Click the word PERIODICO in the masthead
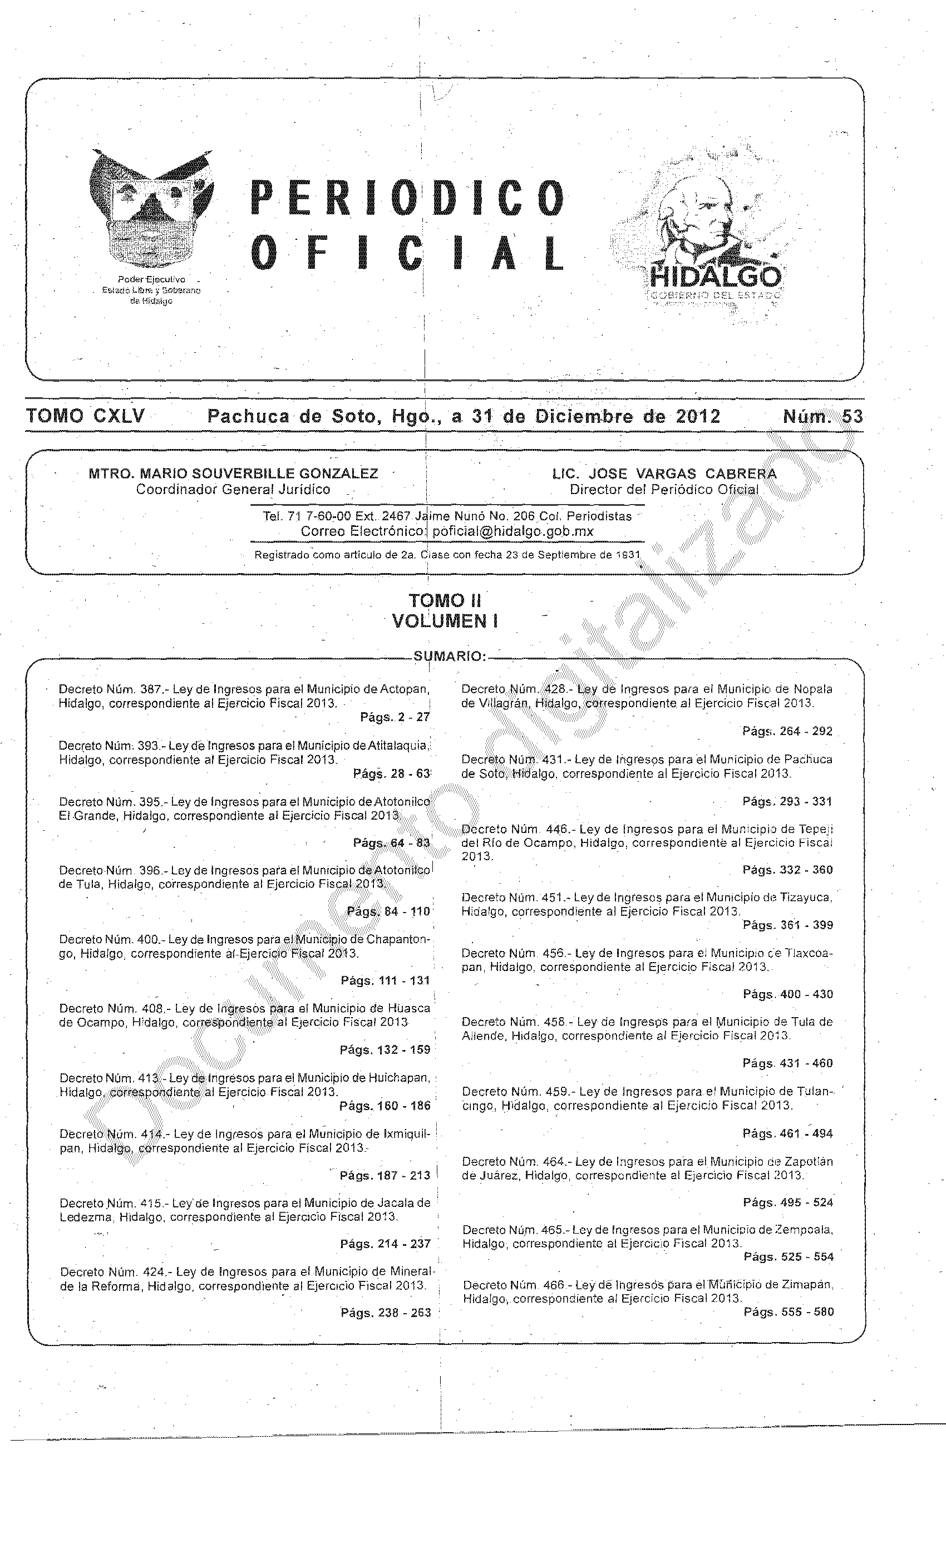(408, 198)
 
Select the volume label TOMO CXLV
(85, 416)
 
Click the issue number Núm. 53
(822, 417)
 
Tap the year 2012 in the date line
(697, 417)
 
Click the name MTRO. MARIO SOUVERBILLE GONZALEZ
(233, 474)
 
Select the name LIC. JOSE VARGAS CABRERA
(664, 474)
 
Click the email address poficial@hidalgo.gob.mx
(513, 531)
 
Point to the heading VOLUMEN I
(445, 621)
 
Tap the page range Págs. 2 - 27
(395, 717)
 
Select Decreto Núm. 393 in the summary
(108, 746)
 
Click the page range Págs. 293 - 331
(787, 801)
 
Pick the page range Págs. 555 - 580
(789, 1312)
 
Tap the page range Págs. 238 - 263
(386, 1313)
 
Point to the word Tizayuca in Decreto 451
(809, 897)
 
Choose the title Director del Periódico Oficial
(663, 490)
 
